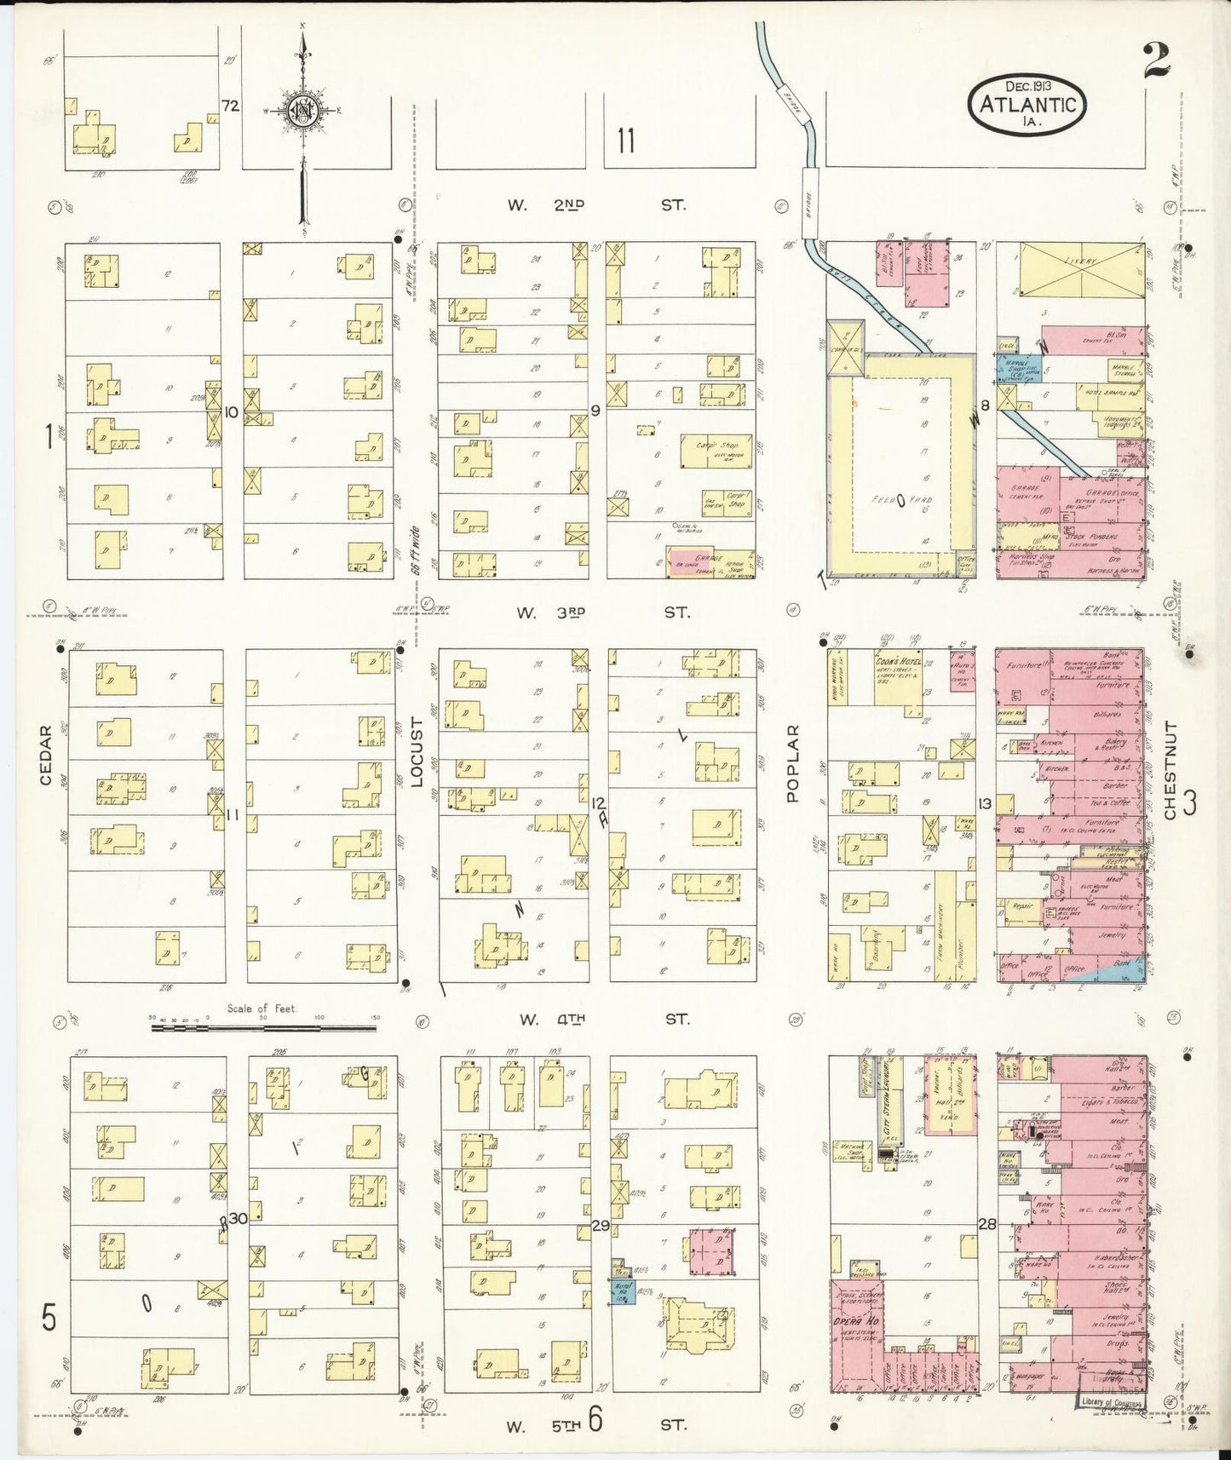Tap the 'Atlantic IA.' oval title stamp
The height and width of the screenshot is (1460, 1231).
(x=1027, y=104)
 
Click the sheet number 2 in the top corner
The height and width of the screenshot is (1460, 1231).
(x=1157, y=61)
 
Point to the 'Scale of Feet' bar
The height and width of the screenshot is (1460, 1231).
(x=263, y=1027)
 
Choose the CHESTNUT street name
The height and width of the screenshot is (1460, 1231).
(x=1170, y=770)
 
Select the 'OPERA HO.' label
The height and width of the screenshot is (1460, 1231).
(x=857, y=1320)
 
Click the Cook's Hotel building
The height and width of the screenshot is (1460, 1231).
(x=898, y=677)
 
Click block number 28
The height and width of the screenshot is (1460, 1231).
(x=987, y=1224)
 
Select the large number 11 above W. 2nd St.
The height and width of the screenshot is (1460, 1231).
(x=626, y=141)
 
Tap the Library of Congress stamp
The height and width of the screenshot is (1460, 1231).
(x=1110, y=1401)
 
